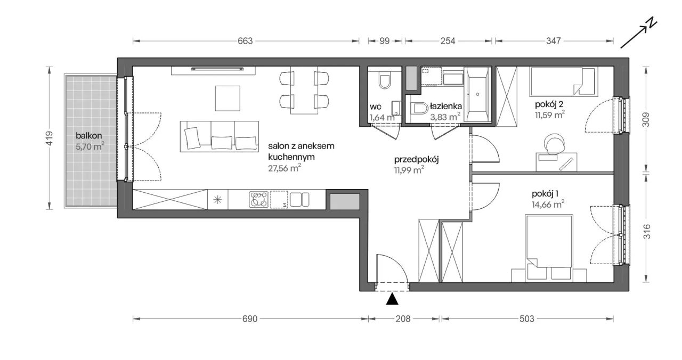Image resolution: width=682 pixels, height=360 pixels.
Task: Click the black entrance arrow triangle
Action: [x=392, y=299]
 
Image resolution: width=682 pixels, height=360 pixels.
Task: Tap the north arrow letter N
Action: [x=651, y=24]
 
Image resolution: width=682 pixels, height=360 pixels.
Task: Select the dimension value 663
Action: [x=245, y=41]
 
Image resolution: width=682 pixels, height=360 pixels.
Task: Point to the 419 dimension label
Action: [x=50, y=138]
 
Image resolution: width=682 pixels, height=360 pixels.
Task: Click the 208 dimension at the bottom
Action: [x=403, y=319]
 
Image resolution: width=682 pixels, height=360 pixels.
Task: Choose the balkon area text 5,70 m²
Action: [x=90, y=146]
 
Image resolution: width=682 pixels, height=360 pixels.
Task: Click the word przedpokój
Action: [x=416, y=159]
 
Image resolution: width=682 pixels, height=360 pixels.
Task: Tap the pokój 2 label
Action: [x=549, y=104]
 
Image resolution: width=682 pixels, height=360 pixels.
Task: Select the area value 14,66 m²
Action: [x=548, y=204]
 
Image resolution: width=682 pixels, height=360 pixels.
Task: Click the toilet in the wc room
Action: [x=385, y=80]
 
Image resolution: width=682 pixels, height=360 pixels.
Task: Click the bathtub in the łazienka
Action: [x=478, y=94]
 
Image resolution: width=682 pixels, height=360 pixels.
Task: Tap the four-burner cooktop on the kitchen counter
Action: [x=259, y=200]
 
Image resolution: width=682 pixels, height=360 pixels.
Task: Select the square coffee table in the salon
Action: [x=228, y=99]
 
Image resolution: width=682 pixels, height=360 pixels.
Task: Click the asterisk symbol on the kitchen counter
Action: [x=218, y=200]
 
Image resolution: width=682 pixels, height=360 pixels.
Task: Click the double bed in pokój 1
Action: [x=549, y=247]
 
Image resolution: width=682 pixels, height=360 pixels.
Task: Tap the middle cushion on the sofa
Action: [x=222, y=143]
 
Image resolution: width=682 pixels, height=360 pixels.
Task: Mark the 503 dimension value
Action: [x=527, y=319]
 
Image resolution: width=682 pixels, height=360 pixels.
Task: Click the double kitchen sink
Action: [x=299, y=200]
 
